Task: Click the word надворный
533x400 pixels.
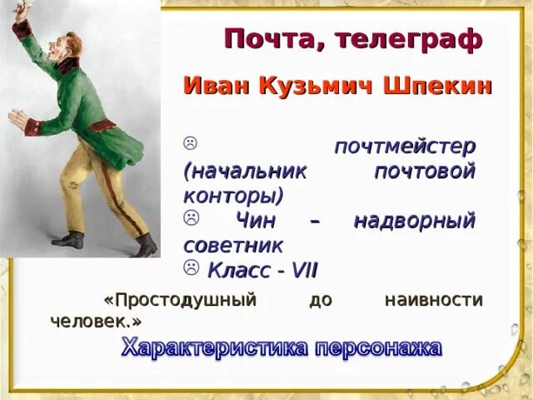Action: [414, 221]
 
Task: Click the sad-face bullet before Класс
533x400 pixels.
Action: [192, 267]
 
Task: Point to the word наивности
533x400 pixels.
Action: [433, 300]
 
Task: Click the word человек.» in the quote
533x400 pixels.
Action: [96, 321]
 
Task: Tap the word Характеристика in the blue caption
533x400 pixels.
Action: [214, 347]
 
